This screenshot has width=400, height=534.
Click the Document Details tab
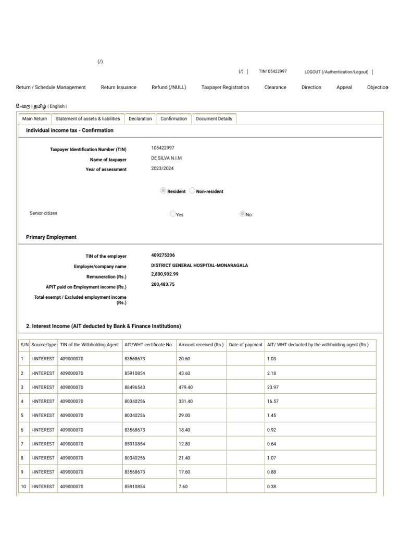click(x=214, y=119)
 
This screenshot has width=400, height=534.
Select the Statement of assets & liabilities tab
click(x=88, y=119)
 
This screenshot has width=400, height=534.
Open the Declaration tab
click(x=140, y=119)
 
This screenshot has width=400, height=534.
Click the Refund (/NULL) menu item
click(x=169, y=88)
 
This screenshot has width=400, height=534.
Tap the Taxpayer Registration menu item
click(x=225, y=88)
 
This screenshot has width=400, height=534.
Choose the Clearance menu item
click(x=275, y=88)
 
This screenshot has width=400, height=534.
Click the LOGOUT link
click(x=336, y=72)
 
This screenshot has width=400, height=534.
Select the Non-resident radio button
click(x=193, y=191)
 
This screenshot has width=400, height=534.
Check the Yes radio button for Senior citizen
click(x=173, y=214)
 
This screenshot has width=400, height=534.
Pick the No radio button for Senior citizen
click(x=242, y=214)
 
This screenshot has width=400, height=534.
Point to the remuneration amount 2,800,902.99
click(x=165, y=274)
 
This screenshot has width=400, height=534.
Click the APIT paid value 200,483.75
click(x=162, y=284)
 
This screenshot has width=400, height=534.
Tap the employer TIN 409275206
click(x=163, y=256)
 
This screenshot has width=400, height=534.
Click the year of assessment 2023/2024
click(x=163, y=169)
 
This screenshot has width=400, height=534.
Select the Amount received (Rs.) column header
click(x=201, y=345)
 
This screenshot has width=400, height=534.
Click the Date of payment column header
click(x=246, y=345)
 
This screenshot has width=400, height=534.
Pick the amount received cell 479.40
click(x=185, y=387)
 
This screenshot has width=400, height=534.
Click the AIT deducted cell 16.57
click(x=272, y=402)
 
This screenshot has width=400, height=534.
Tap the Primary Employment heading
click(x=51, y=237)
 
